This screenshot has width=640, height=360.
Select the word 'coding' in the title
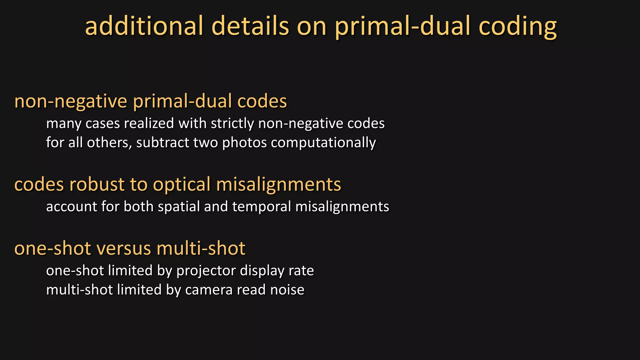coord(517,26)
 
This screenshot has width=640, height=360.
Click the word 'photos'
coord(244,143)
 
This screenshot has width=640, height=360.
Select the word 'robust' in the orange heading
coord(97,184)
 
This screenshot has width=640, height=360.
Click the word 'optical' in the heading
coord(182,184)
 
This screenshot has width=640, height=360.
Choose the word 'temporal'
coord(262,207)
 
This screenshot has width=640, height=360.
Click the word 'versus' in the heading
coord(124,248)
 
